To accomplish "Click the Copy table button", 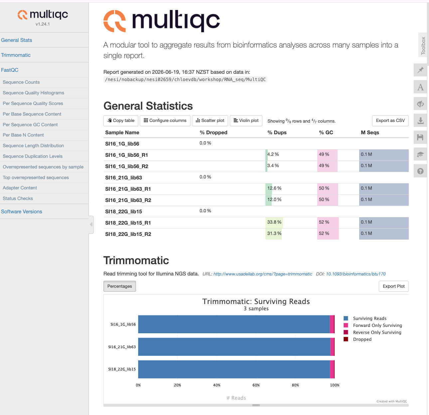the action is [121, 121].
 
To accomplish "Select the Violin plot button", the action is [246, 121].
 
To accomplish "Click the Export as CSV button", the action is [390, 121].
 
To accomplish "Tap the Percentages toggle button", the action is [119, 286].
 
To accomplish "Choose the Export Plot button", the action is [393, 286].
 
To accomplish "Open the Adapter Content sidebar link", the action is [20, 188].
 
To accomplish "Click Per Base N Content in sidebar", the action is [23, 135].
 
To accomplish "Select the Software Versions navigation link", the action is [21, 211].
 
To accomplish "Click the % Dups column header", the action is [277, 132].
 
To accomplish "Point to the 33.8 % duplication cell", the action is [274, 222].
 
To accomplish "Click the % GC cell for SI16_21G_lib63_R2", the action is [327, 200].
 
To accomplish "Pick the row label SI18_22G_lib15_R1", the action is [128, 223].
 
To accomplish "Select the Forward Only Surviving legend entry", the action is [372, 325].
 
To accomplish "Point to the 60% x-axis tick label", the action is [256, 385].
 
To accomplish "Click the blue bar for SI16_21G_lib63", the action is [234, 347].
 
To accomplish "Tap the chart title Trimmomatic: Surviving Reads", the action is [256, 301].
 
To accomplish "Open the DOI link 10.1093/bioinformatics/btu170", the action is [356, 274].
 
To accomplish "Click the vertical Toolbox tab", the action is [423, 45].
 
